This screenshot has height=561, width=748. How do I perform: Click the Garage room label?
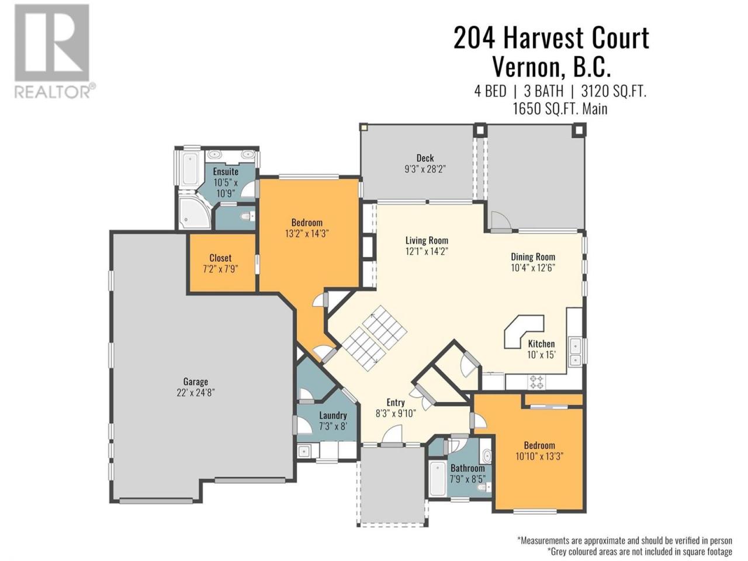pyautogui.click(x=195, y=382)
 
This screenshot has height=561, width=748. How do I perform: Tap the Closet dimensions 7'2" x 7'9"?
pyautogui.click(x=220, y=269)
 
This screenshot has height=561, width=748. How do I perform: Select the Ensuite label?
pyautogui.click(x=226, y=171)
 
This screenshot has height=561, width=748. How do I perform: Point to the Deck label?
pyautogui.click(x=425, y=158)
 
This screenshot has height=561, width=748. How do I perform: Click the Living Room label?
pyautogui.click(x=427, y=241)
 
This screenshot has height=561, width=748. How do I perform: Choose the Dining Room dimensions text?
pyautogui.click(x=533, y=268)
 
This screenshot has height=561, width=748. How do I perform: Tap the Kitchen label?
pyautogui.click(x=541, y=344)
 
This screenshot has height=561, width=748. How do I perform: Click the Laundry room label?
pyautogui.click(x=333, y=415)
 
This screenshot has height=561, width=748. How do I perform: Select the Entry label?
pyautogui.click(x=396, y=402)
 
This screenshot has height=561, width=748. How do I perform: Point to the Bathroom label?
pyautogui.click(x=467, y=468)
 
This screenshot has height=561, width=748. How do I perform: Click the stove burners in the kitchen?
pyautogui.click(x=536, y=382)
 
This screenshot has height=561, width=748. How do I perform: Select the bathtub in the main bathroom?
pyautogui.click(x=437, y=479)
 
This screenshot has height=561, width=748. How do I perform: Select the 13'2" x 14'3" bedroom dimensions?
pyautogui.click(x=307, y=234)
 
